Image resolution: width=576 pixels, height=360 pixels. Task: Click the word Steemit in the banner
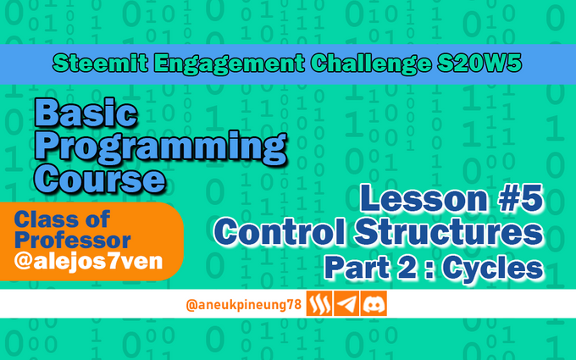(100, 64)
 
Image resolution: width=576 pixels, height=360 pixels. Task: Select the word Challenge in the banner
(371, 64)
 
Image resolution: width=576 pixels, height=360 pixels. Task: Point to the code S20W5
(479, 64)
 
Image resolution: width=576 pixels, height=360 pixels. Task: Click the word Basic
(86, 114)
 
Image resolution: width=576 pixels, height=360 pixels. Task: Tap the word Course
(100, 178)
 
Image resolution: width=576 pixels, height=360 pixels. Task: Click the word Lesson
(424, 199)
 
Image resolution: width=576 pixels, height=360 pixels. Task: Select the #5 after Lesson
(519, 199)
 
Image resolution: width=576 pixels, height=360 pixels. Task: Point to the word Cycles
(493, 268)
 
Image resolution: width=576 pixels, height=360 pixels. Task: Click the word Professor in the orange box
(72, 241)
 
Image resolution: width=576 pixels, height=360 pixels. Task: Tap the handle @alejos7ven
(88, 261)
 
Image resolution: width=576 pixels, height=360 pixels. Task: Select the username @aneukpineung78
(244, 305)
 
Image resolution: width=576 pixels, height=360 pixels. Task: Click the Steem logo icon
(319, 303)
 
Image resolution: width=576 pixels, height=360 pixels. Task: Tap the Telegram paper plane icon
(346, 303)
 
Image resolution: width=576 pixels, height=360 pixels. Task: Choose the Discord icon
(374, 303)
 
